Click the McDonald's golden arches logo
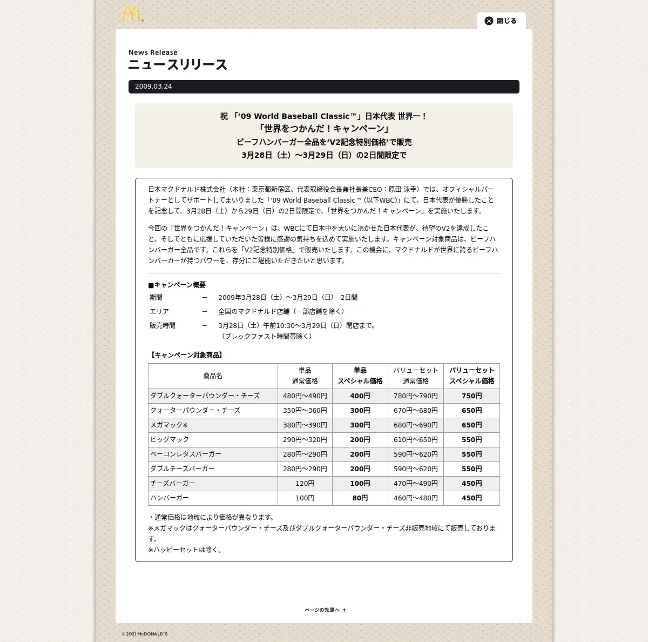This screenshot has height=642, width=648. pyautogui.click(x=132, y=15)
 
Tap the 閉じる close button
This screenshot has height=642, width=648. pyautogui.click(x=501, y=21)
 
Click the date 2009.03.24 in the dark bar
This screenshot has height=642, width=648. pyautogui.click(x=153, y=86)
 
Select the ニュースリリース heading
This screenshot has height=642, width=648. pyautogui.click(x=178, y=65)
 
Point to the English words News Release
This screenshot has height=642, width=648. pyautogui.click(x=153, y=52)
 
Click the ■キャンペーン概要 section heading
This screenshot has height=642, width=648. pyautogui.click(x=177, y=285)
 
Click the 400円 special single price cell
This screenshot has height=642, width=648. pyautogui.click(x=360, y=396)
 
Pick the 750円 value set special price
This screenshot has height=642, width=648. pyautogui.click(x=471, y=396)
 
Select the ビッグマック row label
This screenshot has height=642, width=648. pyautogui.click(x=170, y=440)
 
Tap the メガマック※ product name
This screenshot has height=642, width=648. pyautogui.click(x=169, y=425)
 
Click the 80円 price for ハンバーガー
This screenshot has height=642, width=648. pyautogui.click(x=360, y=498)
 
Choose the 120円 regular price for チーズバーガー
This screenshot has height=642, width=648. pyautogui.click(x=305, y=484)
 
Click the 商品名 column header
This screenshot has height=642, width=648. pyautogui.click(x=213, y=376)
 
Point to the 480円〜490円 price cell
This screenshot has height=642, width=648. pyautogui.click(x=305, y=396)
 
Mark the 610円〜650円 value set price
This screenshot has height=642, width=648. pyautogui.click(x=415, y=440)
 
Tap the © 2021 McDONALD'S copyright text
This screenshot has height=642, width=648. pyautogui.click(x=145, y=634)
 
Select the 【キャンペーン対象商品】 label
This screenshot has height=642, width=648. pyautogui.click(x=186, y=355)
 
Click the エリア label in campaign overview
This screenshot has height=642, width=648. pyautogui.click(x=159, y=312)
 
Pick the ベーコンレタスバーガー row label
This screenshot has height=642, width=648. pyautogui.click(x=186, y=454)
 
